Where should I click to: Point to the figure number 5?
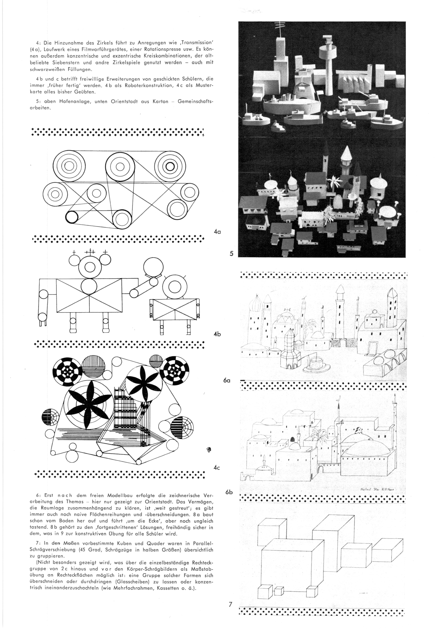pyautogui.click(x=231, y=254)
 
